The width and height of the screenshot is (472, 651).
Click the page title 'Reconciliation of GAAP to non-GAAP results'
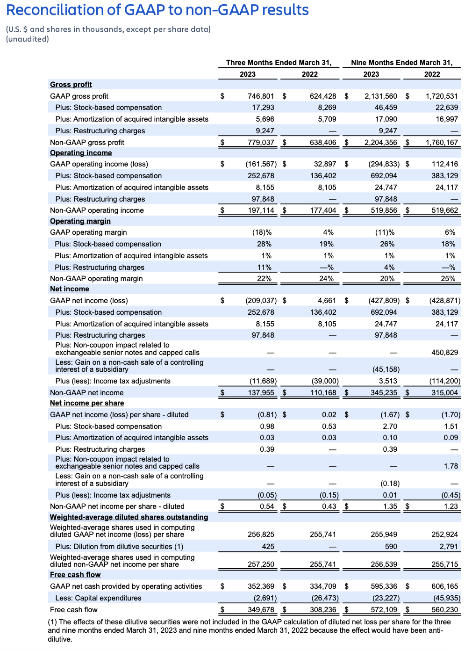click(x=157, y=10)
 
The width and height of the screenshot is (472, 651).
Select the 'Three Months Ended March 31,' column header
click(x=279, y=63)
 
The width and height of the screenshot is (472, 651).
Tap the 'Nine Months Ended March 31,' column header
click(x=401, y=63)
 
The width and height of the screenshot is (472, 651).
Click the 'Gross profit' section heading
click(x=71, y=85)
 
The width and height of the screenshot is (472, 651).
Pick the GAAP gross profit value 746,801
click(x=261, y=96)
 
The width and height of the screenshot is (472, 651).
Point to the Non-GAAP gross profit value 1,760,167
click(x=442, y=143)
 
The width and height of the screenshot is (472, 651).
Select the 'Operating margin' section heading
click(x=80, y=221)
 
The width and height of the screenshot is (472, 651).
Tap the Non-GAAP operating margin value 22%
click(x=264, y=279)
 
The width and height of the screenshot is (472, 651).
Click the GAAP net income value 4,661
click(x=327, y=301)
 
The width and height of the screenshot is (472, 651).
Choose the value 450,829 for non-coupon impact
click(x=444, y=353)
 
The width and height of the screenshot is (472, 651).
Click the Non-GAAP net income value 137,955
click(x=261, y=393)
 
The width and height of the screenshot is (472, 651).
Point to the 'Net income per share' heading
click(x=87, y=403)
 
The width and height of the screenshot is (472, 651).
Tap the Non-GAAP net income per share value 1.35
click(x=390, y=506)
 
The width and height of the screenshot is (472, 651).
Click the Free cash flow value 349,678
click(x=261, y=610)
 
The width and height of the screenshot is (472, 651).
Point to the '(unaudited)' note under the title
click(x=27, y=39)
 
